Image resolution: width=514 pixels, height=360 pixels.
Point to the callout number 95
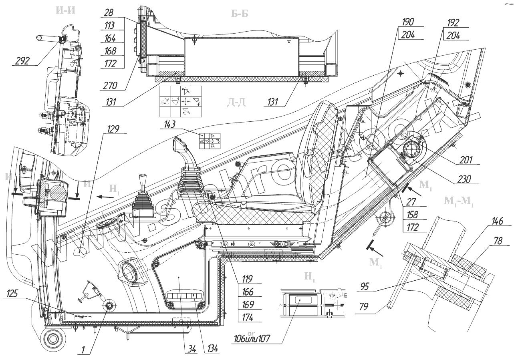pos(365,286)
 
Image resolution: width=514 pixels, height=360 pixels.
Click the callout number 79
pos(364,308)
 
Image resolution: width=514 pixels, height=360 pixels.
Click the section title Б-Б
pos(240,13)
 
